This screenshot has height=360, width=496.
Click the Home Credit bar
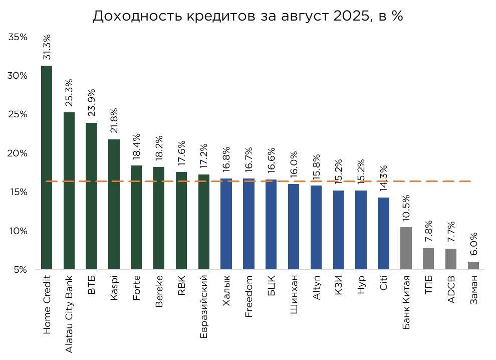(47, 167)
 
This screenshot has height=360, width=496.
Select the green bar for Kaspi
(114, 204)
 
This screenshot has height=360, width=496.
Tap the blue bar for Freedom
(249, 224)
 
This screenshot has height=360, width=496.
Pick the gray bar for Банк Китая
(406, 248)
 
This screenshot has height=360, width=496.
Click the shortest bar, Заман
(473, 266)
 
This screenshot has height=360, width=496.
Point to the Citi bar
(384, 233)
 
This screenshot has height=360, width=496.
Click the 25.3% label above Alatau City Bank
(69, 93)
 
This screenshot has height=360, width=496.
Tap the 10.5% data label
(406, 208)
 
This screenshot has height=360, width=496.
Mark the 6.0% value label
(473, 244)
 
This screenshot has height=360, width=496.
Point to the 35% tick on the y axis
(18, 37)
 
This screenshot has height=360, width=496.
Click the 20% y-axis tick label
(18, 153)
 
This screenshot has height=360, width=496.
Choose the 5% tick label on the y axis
(20, 270)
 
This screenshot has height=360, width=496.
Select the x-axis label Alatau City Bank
(69, 313)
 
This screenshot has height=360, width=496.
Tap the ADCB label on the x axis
(451, 289)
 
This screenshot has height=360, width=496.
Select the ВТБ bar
(92, 196)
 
